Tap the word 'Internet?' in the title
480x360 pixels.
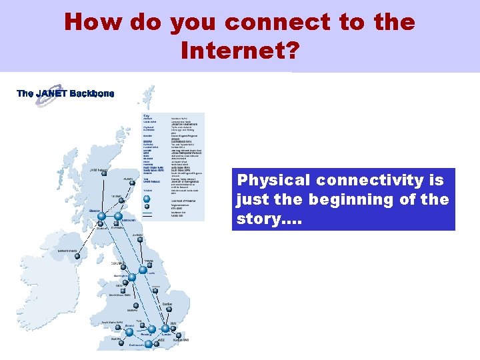tap(239, 50)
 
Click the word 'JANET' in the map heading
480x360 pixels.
tap(51, 93)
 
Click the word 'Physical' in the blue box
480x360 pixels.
tap(273, 180)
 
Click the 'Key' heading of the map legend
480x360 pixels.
tap(147, 116)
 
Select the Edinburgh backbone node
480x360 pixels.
tap(119, 216)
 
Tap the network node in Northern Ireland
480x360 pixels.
tap(77, 255)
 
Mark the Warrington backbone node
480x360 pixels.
tap(132, 277)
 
